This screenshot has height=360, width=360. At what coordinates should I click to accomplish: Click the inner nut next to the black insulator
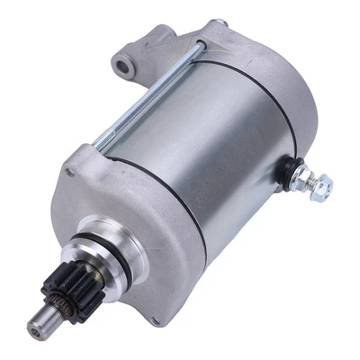click(x=301, y=176)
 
